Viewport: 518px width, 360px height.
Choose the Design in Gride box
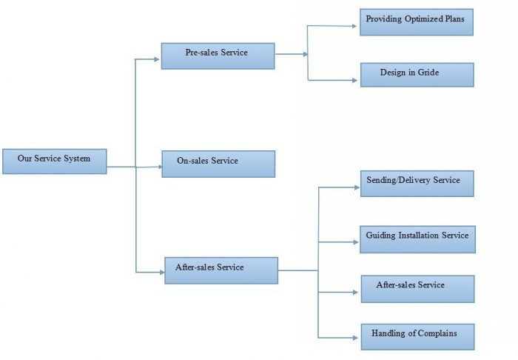click(x=416, y=74)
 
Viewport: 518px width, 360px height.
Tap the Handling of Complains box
click(x=416, y=335)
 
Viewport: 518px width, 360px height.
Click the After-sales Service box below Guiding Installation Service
click(x=416, y=287)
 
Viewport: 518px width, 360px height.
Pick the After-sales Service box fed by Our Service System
click(x=221, y=270)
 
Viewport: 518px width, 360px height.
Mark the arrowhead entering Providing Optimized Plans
click(x=357, y=26)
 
